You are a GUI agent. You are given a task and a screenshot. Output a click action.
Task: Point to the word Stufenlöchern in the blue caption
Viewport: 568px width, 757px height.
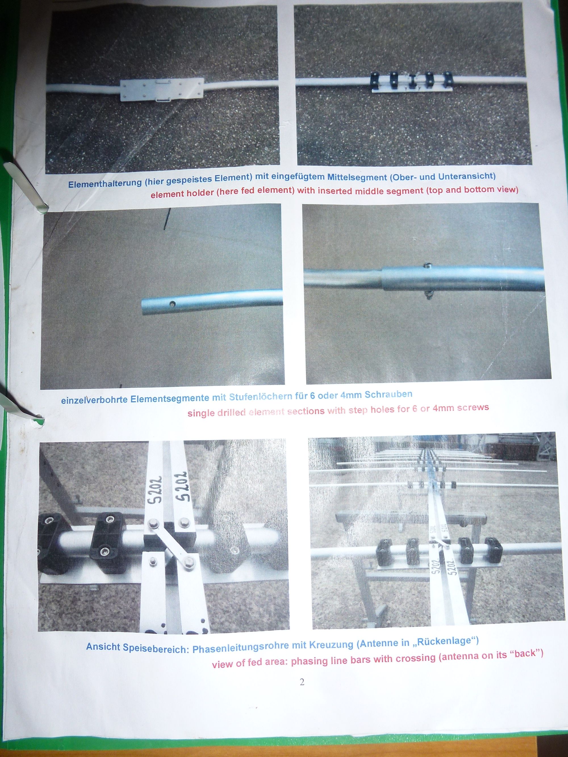(x=260, y=397)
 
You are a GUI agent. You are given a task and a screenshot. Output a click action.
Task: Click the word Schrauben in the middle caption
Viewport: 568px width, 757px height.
(x=388, y=394)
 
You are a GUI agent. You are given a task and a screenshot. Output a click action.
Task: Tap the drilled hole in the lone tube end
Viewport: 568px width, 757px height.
(x=173, y=303)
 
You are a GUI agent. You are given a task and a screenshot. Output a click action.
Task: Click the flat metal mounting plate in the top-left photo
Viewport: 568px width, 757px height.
(x=162, y=90)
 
